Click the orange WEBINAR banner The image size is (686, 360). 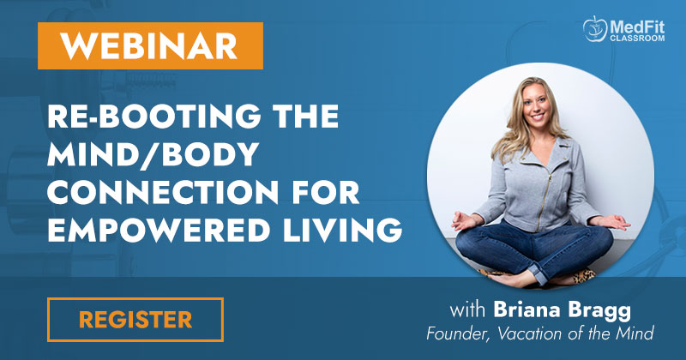click(150, 46)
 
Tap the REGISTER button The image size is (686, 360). click(135, 320)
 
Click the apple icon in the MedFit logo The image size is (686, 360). click(595, 28)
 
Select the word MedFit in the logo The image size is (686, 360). click(637, 27)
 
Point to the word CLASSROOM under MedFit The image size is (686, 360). click(637, 39)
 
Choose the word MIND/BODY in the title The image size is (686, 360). click(153, 154)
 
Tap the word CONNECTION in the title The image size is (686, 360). click(163, 192)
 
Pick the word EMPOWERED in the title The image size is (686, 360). click(159, 230)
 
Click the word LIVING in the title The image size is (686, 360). click(342, 230)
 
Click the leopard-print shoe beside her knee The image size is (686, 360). click(584, 276)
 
